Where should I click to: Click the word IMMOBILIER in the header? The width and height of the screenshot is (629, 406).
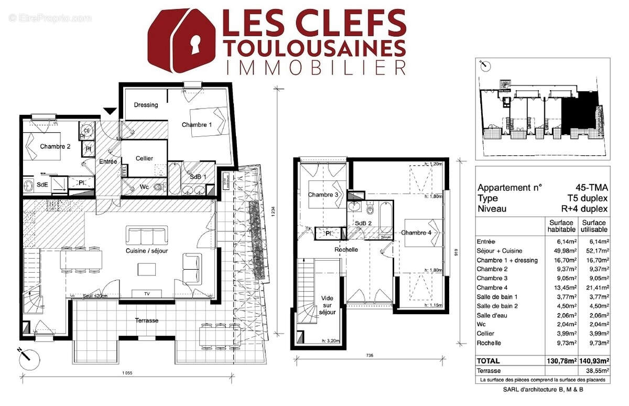click(x=314, y=67)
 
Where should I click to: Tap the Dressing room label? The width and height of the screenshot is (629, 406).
click(x=146, y=105)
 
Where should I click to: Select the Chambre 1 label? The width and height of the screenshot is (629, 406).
click(x=197, y=125)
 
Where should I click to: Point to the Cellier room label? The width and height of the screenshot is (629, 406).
click(x=144, y=158)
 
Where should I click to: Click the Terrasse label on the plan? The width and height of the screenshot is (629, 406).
click(x=146, y=320)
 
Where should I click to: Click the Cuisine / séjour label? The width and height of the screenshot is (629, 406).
click(x=146, y=251)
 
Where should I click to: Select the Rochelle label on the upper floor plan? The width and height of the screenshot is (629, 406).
click(x=346, y=250)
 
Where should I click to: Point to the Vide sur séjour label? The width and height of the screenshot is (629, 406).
click(x=327, y=305)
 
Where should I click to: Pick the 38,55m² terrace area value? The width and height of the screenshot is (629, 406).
click(x=595, y=370)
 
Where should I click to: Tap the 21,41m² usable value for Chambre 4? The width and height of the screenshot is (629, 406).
click(x=595, y=287)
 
